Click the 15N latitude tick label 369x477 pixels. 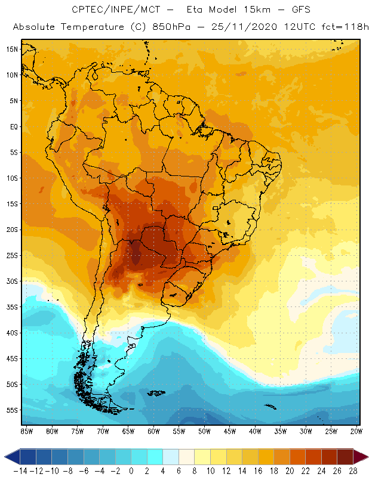click(x=12, y=49)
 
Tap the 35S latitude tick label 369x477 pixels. click(x=12, y=307)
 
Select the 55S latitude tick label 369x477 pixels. click(x=12, y=410)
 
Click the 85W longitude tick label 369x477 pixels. click(x=26, y=430)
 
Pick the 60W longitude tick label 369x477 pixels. click(x=153, y=430)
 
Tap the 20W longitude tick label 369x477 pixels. click(x=357, y=430)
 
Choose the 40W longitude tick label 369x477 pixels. click(x=256, y=430)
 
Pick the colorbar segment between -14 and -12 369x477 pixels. click(x=28, y=457)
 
